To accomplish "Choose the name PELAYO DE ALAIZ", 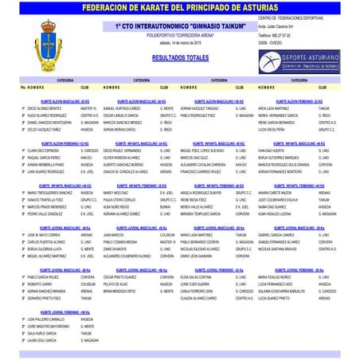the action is pos(117,284).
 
